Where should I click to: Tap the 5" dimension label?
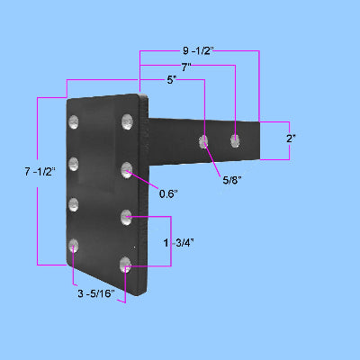(172, 79)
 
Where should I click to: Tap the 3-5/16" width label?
(96, 294)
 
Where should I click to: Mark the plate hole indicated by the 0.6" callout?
(128, 167)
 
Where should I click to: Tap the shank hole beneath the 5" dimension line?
(205, 141)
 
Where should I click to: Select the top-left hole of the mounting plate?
(73, 122)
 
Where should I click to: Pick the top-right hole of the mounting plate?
(126, 121)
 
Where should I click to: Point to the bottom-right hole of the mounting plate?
(126, 264)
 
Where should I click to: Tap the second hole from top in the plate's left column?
(73, 164)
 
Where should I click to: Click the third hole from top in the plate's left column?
(73, 204)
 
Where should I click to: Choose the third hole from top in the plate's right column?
(127, 215)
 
